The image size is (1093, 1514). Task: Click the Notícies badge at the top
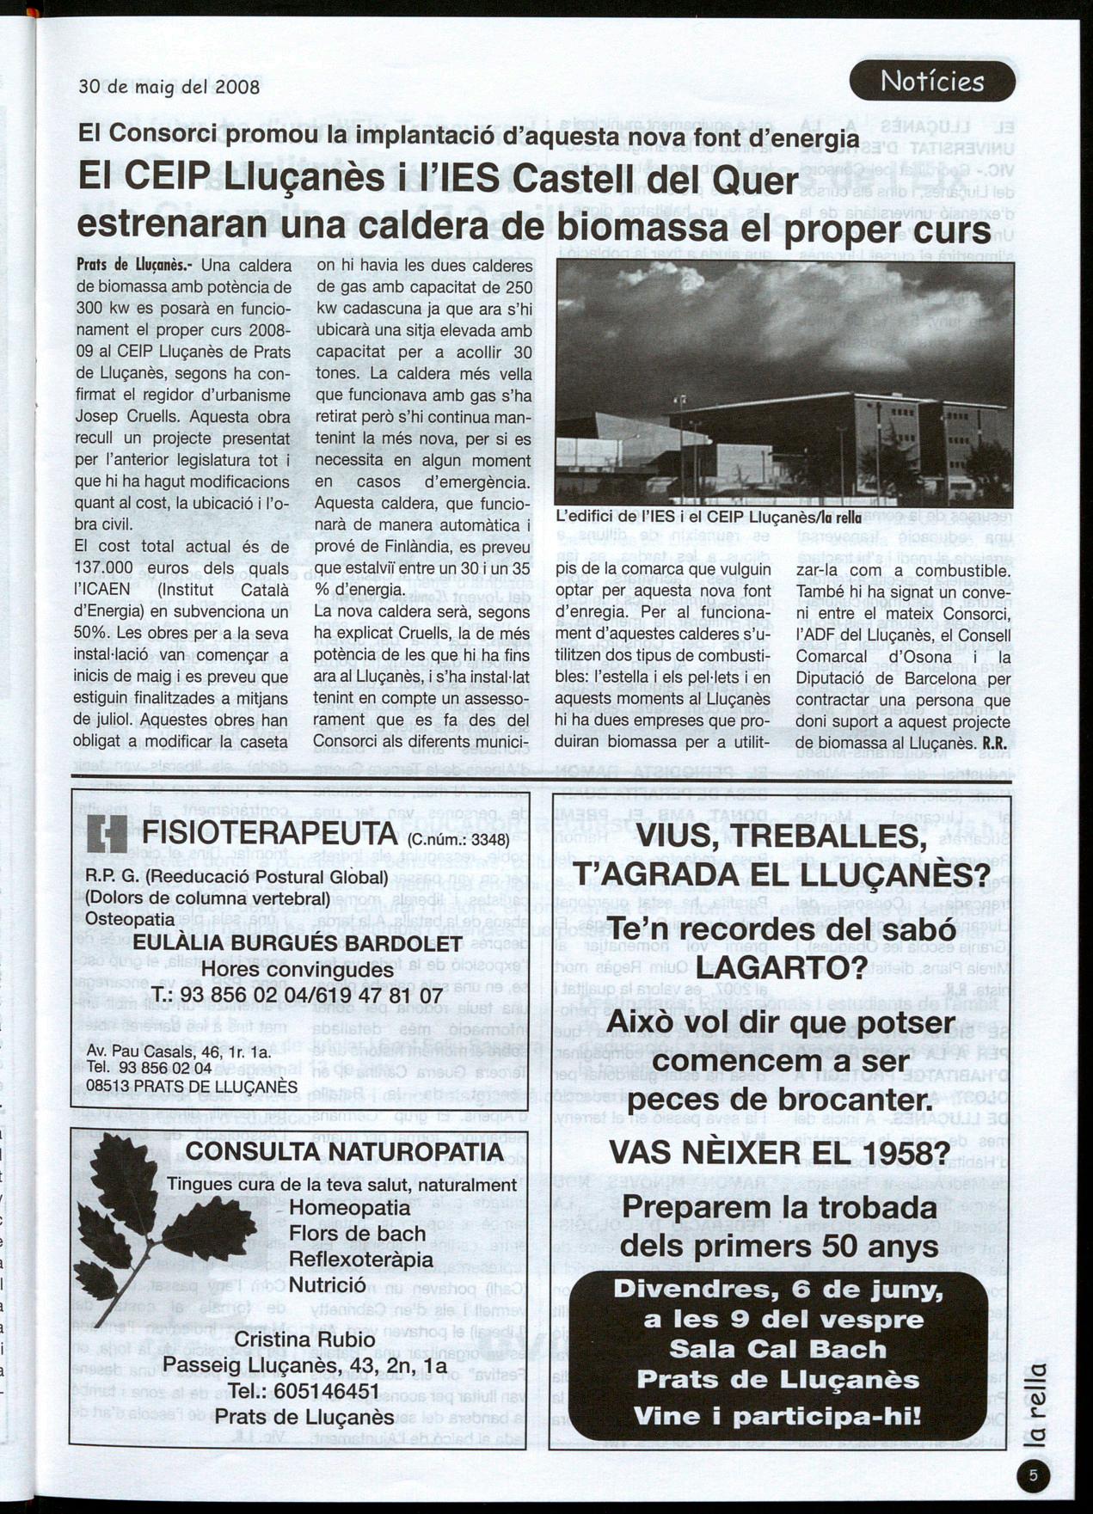coord(932,82)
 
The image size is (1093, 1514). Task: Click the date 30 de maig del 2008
coord(169,87)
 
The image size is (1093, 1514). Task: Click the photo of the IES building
coord(784,383)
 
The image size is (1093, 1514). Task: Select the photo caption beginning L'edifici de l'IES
coord(708,518)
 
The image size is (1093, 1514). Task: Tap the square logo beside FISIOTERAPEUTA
coord(107,834)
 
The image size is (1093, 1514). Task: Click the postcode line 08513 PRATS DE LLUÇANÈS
coord(191,1086)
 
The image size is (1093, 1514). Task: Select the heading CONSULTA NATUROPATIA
coord(344,1152)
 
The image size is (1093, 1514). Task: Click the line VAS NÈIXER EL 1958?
coord(780,1151)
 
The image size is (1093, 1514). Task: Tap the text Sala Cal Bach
coord(777,1348)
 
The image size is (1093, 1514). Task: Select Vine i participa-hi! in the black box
coord(777,1415)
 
